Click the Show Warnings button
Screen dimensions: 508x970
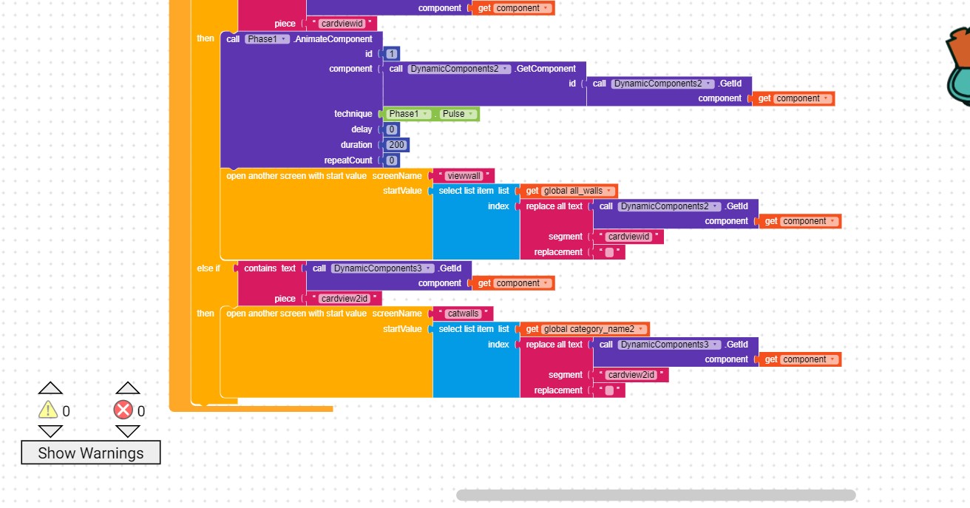tap(90, 453)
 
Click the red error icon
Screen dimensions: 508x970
tap(123, 410)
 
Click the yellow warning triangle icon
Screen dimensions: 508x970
tap(48, 410)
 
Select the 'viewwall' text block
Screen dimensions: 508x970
tap(464, 176)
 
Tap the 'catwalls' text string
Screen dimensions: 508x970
tap(463, 314)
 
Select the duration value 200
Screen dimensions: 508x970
tap(396, 145)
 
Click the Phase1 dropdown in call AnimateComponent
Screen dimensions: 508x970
tap(267, 38)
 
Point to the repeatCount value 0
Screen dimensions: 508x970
tap(392, 160)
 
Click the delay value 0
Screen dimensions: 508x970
tap(392, 129)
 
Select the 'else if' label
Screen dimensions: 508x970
tap(208, 268)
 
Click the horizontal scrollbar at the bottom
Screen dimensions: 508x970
tap(655, 495)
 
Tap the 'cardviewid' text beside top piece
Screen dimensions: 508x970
tap(341, 24)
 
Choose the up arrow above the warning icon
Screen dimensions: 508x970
tap(50, 388)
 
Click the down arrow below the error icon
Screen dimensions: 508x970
tap(127, 431)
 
